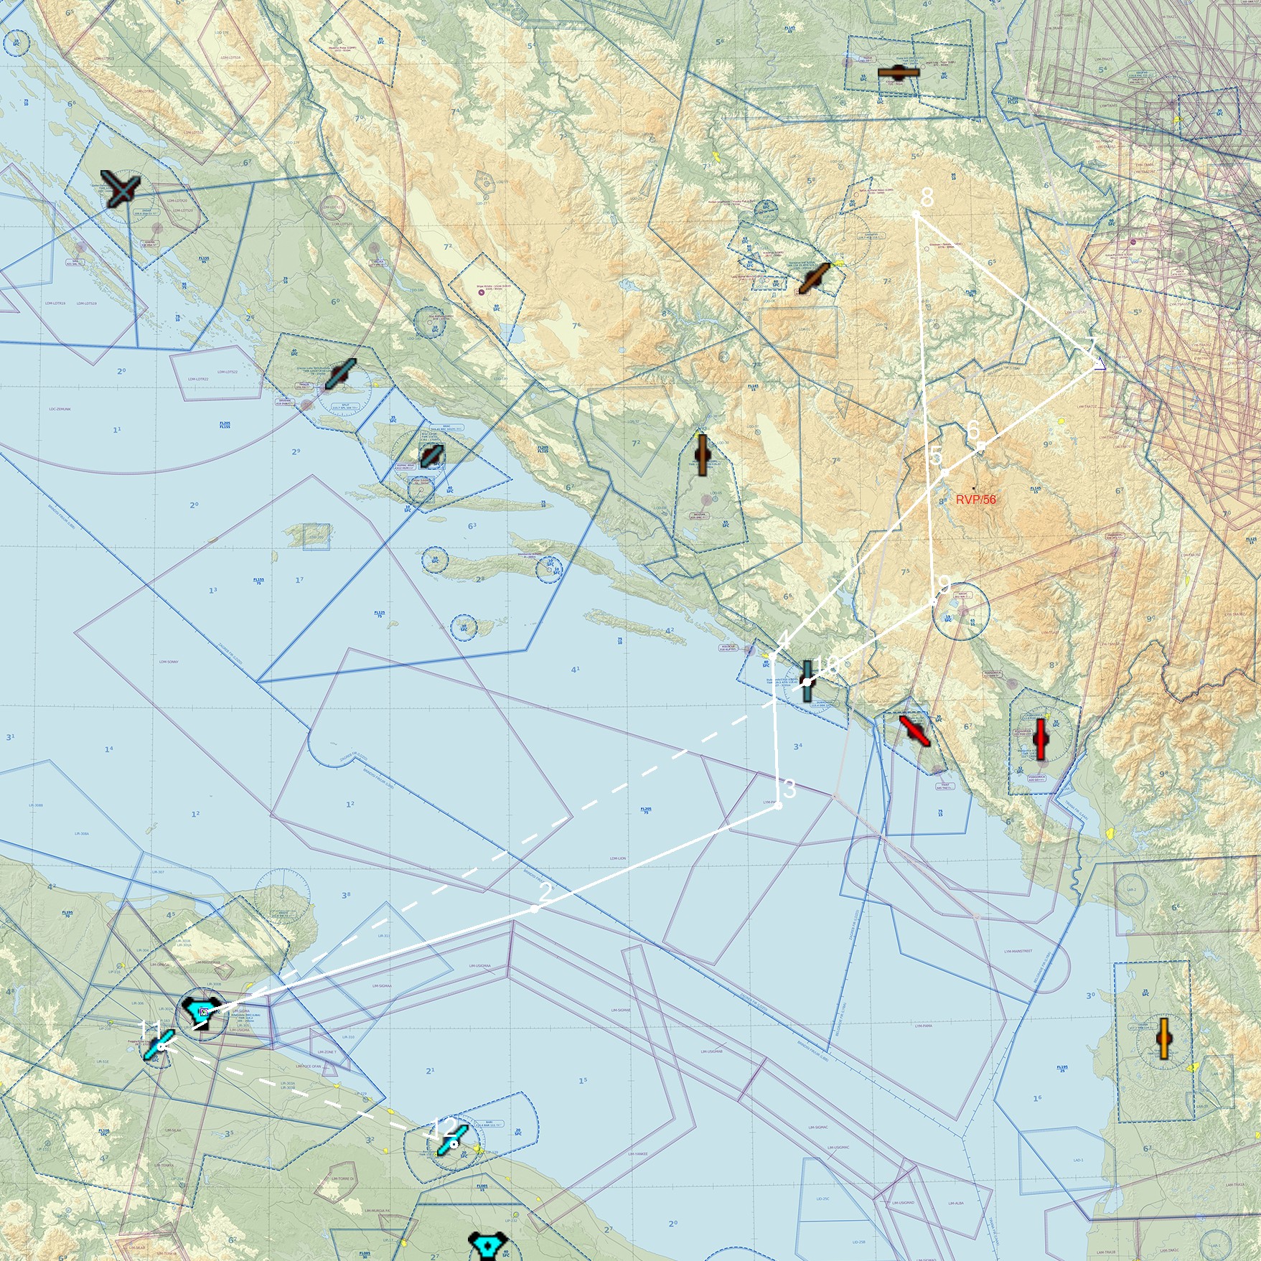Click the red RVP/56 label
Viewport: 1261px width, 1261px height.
tap(975, 500)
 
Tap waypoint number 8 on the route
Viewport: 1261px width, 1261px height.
tap(927, 197)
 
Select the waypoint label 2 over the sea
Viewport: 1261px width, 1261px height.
tap(545, 892)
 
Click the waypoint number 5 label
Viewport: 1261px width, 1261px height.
tap(935, 456)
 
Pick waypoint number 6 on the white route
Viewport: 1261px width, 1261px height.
tap(973, 430)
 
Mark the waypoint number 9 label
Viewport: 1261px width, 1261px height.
tap(944, 584)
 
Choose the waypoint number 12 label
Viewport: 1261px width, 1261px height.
tap(444, 1128)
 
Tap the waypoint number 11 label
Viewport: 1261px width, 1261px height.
tap(150, 1032)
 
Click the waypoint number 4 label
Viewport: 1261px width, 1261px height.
tap(784, 638)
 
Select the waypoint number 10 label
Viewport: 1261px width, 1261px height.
tap(826, 665)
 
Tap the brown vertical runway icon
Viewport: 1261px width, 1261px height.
tap(702, 454)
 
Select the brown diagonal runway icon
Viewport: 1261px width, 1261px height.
tap(813, 278)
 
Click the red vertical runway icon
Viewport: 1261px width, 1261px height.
tap(1040, 739)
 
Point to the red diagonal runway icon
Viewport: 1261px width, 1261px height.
tap(914, 731)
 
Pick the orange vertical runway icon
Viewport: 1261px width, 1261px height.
tap(1164, 1039)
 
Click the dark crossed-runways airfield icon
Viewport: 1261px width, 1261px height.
tap(121, 189)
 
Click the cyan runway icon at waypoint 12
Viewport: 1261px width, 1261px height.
tap(453, 1140)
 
